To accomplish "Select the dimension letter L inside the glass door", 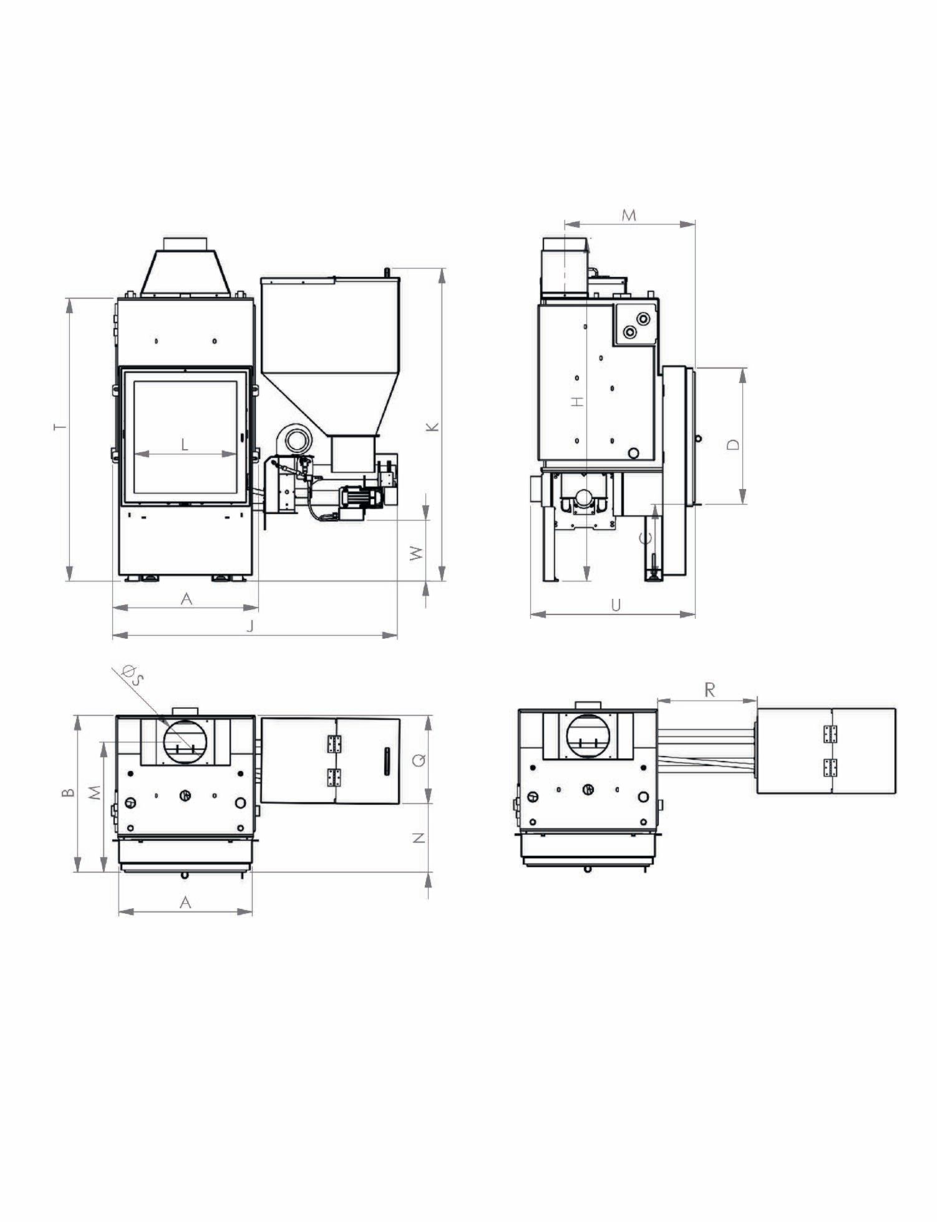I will coord(184,444).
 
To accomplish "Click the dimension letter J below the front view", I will coord(250,626).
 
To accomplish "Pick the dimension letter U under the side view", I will coord(616,605).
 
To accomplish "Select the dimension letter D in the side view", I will coord(734,444).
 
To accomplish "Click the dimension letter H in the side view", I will coord(579,401).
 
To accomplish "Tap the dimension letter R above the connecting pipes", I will coord(709,690).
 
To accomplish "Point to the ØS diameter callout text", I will coord(132,675).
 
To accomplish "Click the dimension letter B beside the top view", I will coord(69,793).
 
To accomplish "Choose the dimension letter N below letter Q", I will coord(420,838).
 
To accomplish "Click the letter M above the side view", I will coord(629,215).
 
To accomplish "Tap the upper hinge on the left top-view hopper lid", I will coord(335,744).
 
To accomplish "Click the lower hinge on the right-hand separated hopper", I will coord(830,767).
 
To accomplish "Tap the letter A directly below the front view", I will coord(187,599).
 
